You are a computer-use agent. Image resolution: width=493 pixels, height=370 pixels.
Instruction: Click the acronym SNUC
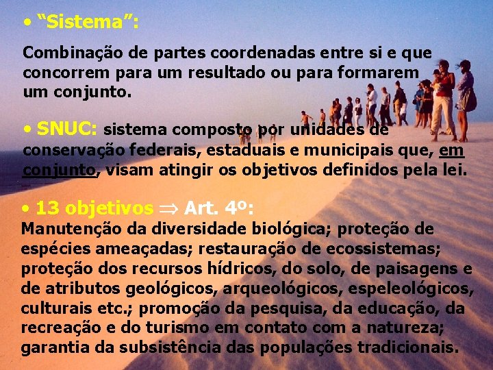(x=67, y=129)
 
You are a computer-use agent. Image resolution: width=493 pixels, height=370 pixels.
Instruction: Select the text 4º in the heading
(x=235, y=208)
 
